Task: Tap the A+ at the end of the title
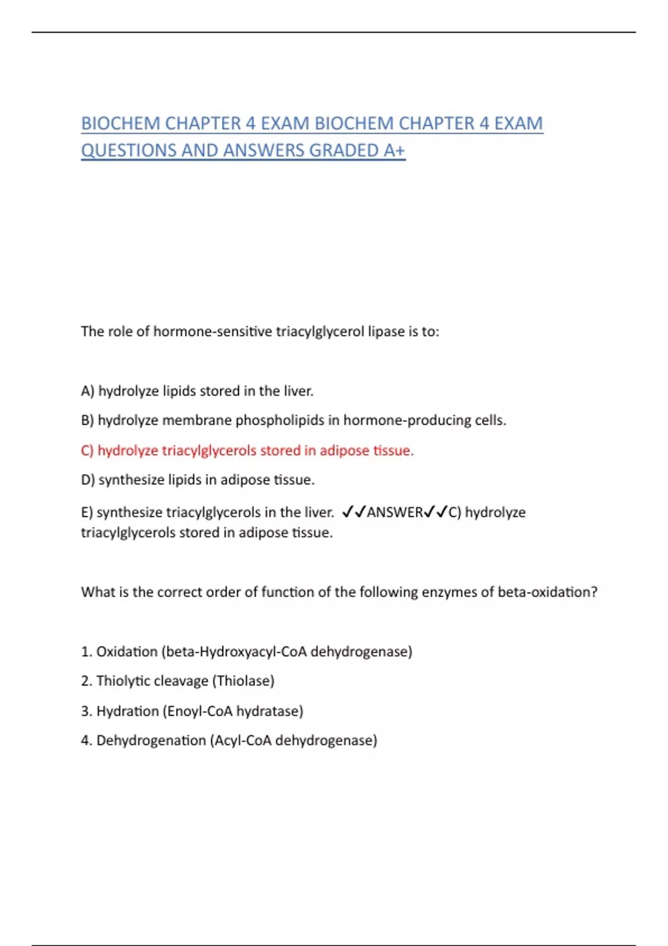pos(394,150)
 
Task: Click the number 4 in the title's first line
pos(250,124)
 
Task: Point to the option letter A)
pos(87,391)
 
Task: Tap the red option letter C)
pos(87,450)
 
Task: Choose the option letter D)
pos(88,480)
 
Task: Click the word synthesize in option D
pos(131,480)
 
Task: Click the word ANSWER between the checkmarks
pos(395,512)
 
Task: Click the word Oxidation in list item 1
pos(127,652)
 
